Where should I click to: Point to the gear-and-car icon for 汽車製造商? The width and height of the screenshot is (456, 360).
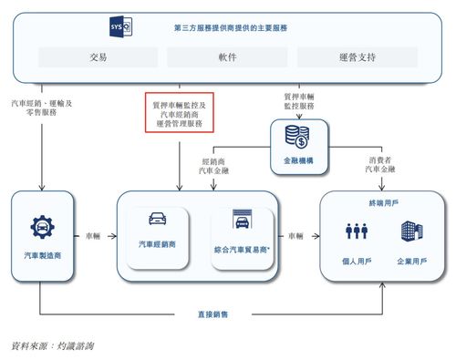click(x=41, y=227)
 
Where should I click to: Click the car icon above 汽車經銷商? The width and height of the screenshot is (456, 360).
click(x=158, y=220)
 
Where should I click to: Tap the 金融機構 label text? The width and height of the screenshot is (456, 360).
click(x=296, y=159)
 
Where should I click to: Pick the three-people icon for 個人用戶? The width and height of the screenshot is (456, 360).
click(x=357, y=231)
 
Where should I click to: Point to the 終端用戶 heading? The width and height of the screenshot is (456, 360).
click(x=384, y=203)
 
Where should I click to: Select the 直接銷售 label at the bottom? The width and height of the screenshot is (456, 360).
click(x=212, y=314)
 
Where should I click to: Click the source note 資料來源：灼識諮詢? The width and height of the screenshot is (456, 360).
click(x=52, y=345)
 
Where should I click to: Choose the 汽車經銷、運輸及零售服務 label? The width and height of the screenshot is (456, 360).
click(x=42, y=108)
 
